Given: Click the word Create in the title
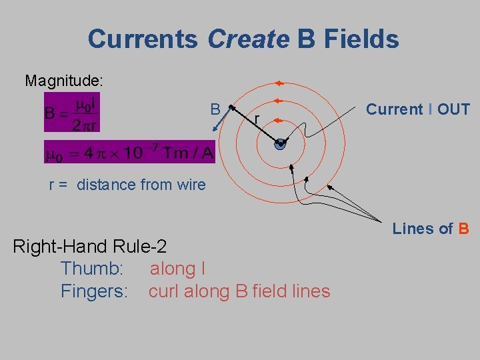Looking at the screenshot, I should [248, 39].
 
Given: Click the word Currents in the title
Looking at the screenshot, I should [143, 39].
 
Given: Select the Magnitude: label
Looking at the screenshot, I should [64, 81].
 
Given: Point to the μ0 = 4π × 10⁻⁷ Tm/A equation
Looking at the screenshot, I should [129, 153].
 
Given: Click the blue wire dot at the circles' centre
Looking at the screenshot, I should [280, 144].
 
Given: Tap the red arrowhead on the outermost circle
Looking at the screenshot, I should [279, 84].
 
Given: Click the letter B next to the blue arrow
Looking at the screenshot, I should [215, 109].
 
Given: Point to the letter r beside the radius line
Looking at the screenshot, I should [257, 119].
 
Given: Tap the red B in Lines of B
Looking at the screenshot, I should [463, 229].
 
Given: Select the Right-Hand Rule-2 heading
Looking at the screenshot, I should [90, 247].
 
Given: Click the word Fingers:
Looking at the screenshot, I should [94, 291].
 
